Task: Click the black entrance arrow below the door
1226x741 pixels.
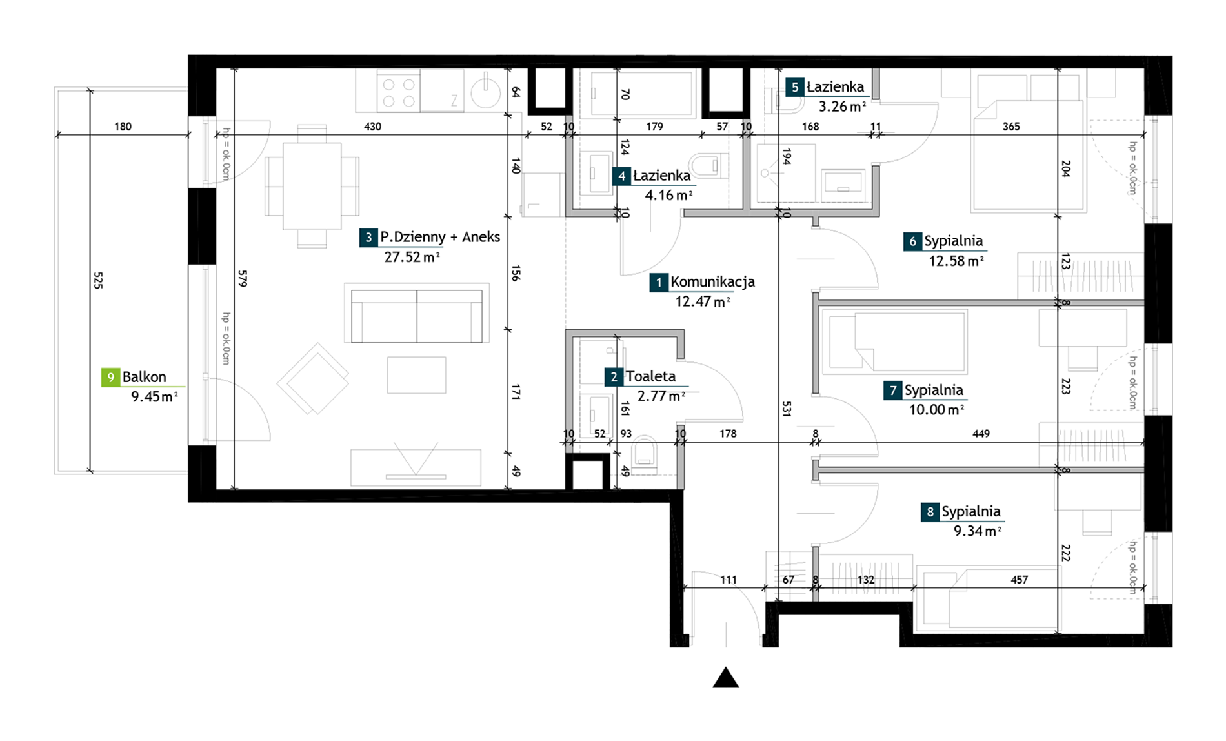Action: pos(726,678)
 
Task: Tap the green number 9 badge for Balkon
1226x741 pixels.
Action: pos(110,377)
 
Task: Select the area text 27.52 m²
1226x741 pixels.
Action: pos(412,257)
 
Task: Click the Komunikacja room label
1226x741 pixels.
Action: pos(712,282)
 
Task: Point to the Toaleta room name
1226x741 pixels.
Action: pos(650,376)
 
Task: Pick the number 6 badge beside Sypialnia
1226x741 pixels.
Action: pos(912,241)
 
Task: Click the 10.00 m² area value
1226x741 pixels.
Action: pos(936,409)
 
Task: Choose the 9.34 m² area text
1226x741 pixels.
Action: pos(978,531)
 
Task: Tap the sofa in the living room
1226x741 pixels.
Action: pos(417,313)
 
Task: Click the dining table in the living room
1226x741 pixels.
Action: pos(312,187)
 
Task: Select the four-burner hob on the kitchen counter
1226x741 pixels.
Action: pos(399,92)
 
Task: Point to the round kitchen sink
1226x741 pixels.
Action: pos(485,92)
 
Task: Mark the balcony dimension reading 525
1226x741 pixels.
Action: pos(98,280)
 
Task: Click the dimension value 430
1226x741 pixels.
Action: pos(372,127)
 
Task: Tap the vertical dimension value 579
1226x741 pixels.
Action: pos(243,278)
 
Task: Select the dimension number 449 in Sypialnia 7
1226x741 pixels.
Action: pos(981,434)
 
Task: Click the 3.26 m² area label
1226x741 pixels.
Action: pos(842,107)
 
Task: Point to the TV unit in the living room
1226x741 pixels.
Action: pos(416,467)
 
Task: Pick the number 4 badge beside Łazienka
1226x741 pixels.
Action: pos(621,176)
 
